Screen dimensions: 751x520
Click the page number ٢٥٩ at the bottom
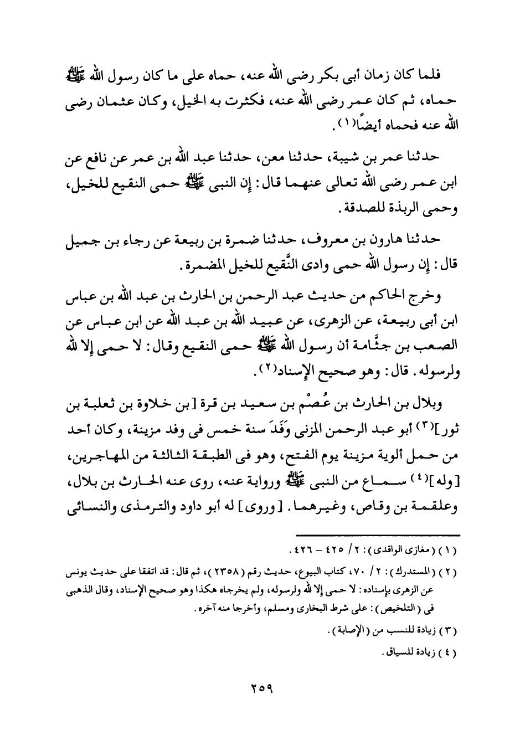260,691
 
